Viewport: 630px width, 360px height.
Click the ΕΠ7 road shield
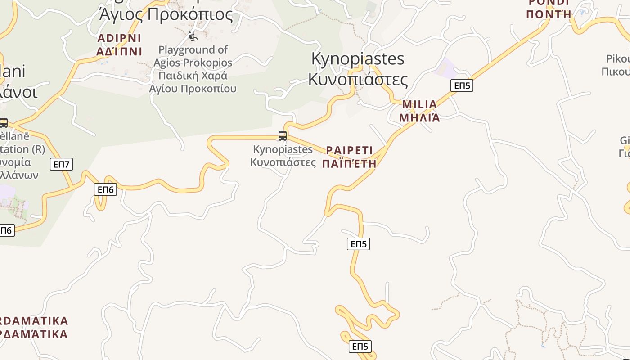(x=62, y=164)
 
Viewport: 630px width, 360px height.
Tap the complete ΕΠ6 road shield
(x=106, y=189)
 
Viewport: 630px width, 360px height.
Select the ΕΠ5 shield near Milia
(x=462, y=85)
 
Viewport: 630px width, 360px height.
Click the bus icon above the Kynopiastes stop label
(x=283, y=135)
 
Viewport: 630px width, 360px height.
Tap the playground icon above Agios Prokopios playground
(x=193, y=36)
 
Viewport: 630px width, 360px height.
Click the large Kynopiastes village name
(x=358, y=59)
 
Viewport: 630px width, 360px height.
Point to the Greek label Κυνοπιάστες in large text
(x=358, y=80)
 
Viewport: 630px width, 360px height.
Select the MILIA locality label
(x=419, y=105)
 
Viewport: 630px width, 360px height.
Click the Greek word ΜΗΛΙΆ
(x=419, y=118)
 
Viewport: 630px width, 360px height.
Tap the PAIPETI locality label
(x=350, y=150)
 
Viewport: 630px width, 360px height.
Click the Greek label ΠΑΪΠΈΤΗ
(x=350, y=163)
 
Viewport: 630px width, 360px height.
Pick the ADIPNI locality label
(x=119, y=38)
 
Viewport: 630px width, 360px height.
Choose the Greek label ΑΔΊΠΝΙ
(x=119, y=51)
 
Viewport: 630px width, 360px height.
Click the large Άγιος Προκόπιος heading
(x=166, y=15)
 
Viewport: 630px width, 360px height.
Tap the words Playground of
(x=193, y=49)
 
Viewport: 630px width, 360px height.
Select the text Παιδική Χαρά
(x=193, y=76)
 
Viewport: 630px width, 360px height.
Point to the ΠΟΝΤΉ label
(x=549, y=14)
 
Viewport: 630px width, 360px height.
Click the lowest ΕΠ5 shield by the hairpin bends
(x=360, y=346)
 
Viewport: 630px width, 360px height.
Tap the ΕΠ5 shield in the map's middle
(x=359, y=244)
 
